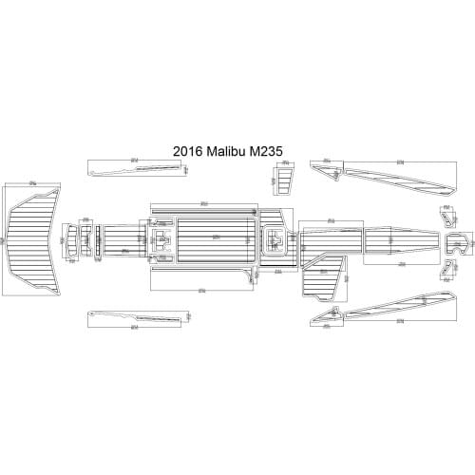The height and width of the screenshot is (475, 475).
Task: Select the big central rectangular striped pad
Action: [x=216, y=237]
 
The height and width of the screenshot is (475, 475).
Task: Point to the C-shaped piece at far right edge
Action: [x=462, y=244]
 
